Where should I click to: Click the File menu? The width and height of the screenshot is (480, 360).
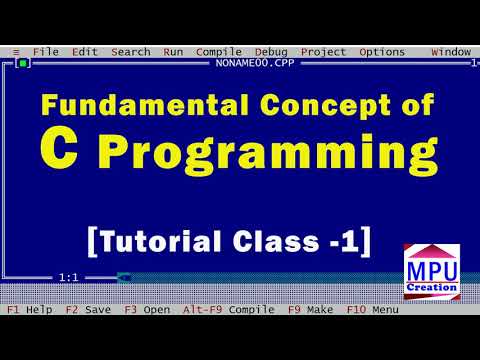click(x=45, y=52)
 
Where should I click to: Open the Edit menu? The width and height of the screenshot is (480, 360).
click(x=85, y=52)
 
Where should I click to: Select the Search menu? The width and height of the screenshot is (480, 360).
click(x=130, y=52)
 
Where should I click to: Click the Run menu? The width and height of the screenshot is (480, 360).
click(x=173, y=52)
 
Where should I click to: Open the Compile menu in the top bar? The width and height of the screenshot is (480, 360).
click(x=218, y=52)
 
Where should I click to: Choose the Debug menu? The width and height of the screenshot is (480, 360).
click(x=270, y=52)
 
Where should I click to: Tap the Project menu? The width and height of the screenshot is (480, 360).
click(x=323, y=52)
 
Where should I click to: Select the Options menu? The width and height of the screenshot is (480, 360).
click(x=382, y=52)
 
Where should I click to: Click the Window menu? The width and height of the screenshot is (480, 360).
click(x=450, y=52)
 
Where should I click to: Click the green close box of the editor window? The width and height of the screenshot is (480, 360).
click(x=22, y=63)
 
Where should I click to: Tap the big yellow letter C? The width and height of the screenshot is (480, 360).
click(x=56, y=150)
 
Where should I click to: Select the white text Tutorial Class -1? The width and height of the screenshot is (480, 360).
click(x=230, y=241)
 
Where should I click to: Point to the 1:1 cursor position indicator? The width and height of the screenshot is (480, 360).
click(x=69, y=277)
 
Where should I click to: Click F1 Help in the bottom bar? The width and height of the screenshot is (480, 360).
click(x=29, y=310)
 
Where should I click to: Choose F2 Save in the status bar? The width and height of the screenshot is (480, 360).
click(x=88, y=310)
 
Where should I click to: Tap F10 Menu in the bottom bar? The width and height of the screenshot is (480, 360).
click(x=371, y=310)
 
